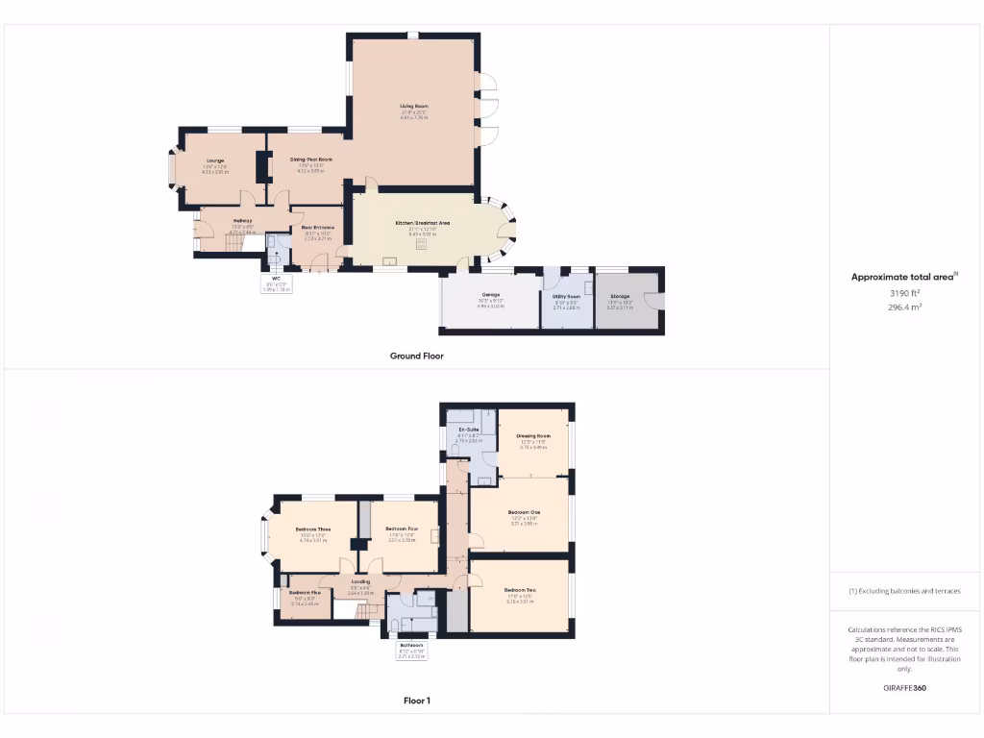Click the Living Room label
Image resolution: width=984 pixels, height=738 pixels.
coord(414,106)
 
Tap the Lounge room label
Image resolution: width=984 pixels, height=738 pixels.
coord(214,160)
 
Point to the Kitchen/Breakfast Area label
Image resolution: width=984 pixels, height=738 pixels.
coord(423,223)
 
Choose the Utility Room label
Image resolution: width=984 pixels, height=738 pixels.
coord(568,297)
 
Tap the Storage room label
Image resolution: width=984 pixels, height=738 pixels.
coord(620,297)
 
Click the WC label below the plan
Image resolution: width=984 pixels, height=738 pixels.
coord(275,279)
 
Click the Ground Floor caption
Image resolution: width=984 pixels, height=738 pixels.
coord(416,356)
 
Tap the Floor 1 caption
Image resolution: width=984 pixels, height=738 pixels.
coord(416,701)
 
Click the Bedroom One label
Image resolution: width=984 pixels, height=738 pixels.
coord(524,512)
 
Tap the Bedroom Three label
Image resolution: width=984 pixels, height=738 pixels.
coord(313,529)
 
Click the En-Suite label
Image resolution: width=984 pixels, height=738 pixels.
coord(469,429)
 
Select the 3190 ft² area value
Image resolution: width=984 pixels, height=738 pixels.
coord(903,292)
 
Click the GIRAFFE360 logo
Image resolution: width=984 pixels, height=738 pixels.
coord(903,688)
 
